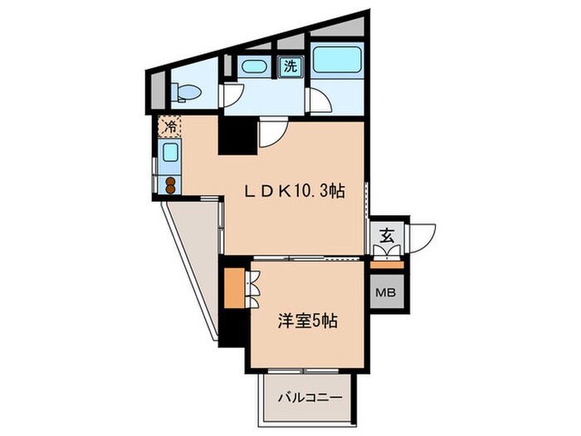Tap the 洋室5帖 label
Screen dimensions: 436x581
pos(307,320)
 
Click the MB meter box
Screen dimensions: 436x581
pos(386,292)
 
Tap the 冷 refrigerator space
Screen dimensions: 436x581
pos(169,127)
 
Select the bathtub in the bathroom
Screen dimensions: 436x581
pos(337,61)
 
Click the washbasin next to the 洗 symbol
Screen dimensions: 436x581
pos(251,67)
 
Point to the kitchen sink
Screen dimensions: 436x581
pos(169,153)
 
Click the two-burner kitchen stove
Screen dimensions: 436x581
pos(170,184)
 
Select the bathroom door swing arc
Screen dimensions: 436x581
pos(320,101)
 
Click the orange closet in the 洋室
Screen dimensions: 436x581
pos(235,287)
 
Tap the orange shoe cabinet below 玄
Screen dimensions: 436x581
pos(387,264)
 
